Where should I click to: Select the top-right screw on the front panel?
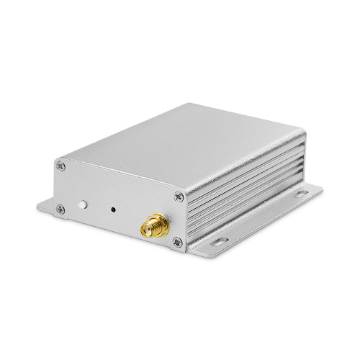point(178,195)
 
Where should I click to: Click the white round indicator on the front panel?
point(85,205)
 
